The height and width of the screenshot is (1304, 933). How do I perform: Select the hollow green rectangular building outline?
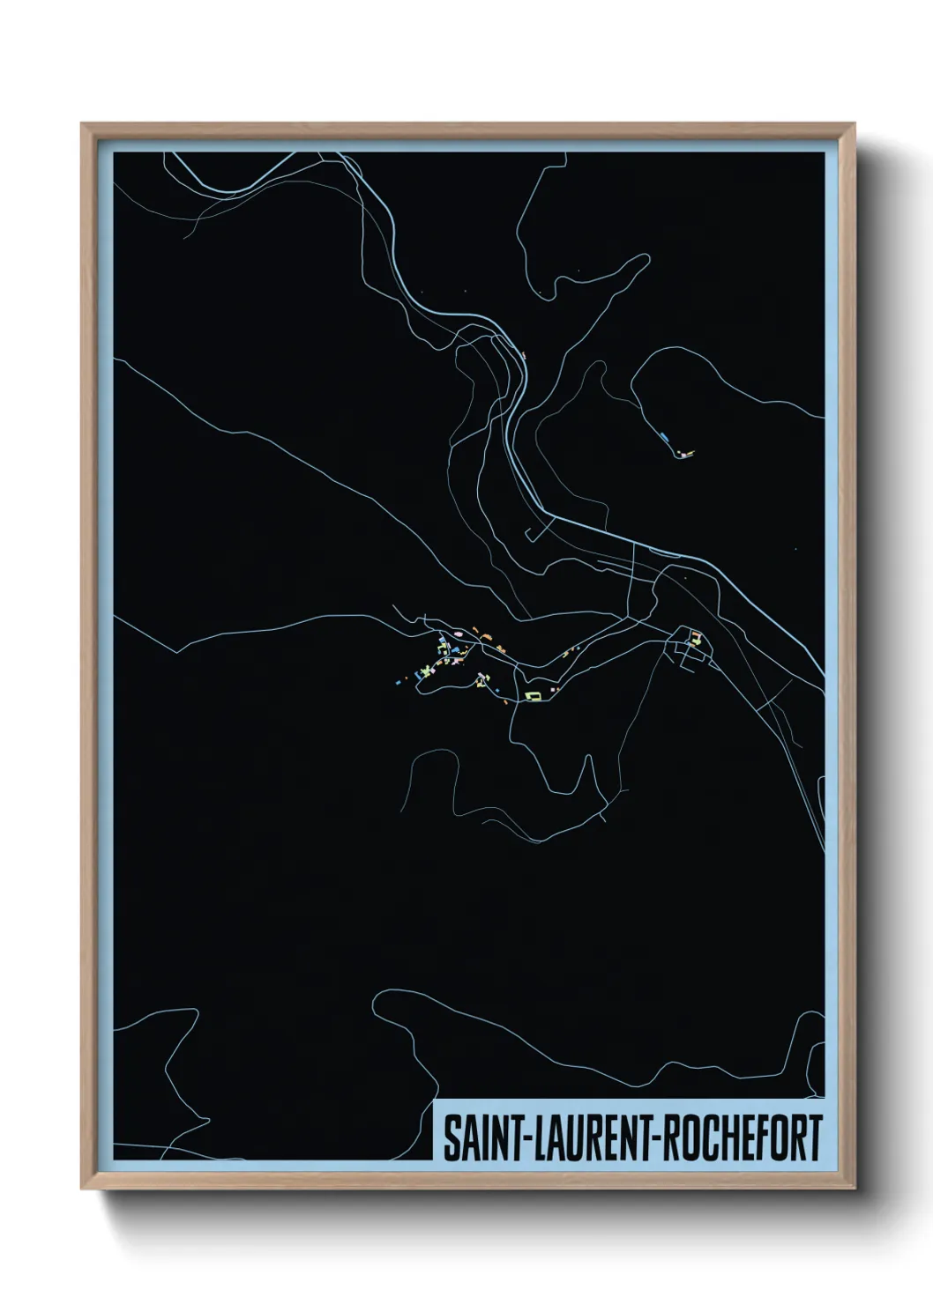click(532, 696)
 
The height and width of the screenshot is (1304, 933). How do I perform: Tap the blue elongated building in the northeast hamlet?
click(663, 435)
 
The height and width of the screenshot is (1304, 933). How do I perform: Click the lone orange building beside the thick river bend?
click(524, 356)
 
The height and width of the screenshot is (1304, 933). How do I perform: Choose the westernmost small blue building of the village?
click(398, 681)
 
